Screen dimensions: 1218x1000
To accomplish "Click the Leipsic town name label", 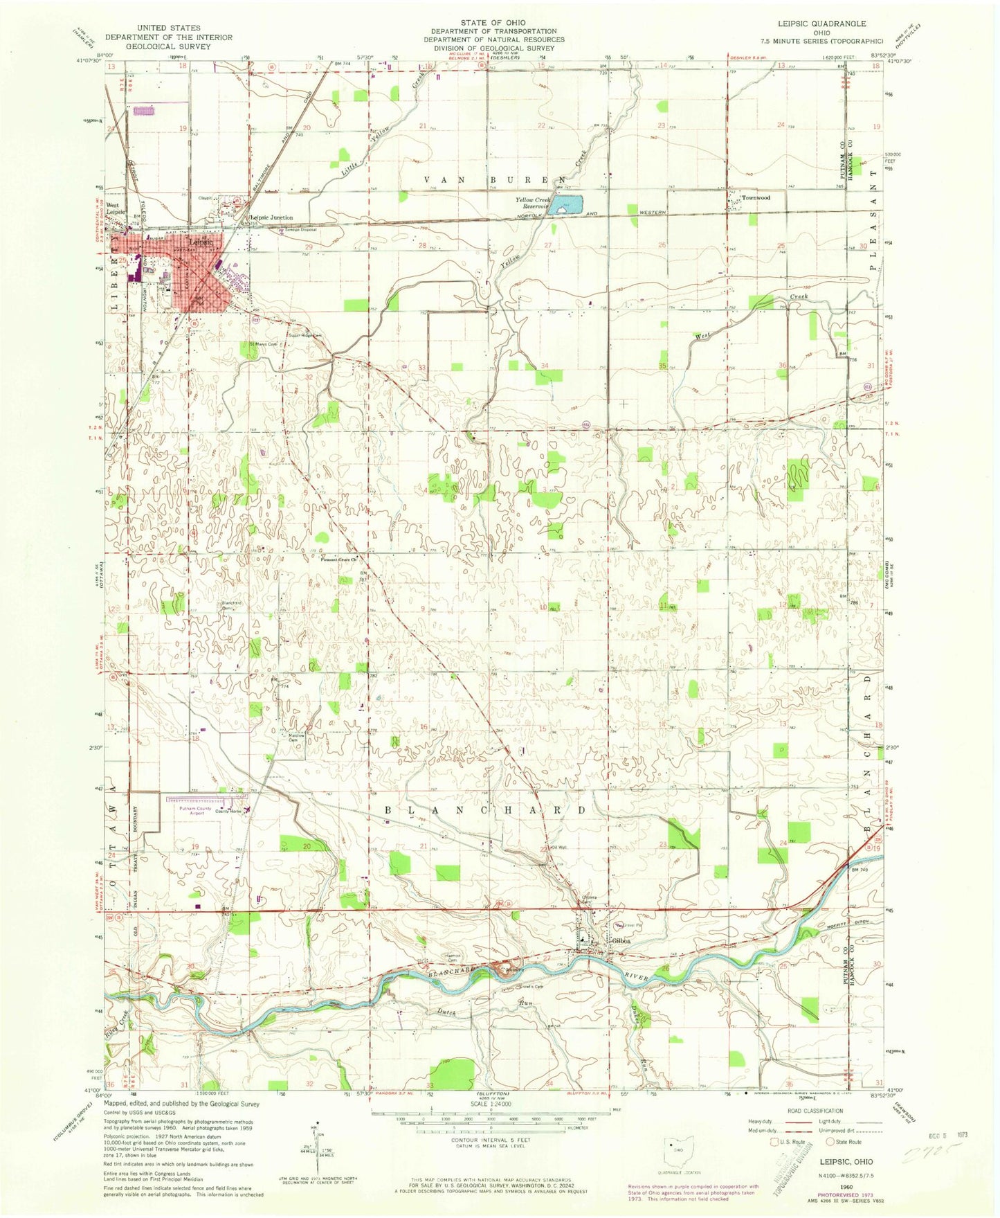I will click(x=201, y=242).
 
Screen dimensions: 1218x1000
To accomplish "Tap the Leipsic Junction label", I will click(x=271, y=217).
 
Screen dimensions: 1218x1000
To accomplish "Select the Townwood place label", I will click(x=756, y=198).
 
